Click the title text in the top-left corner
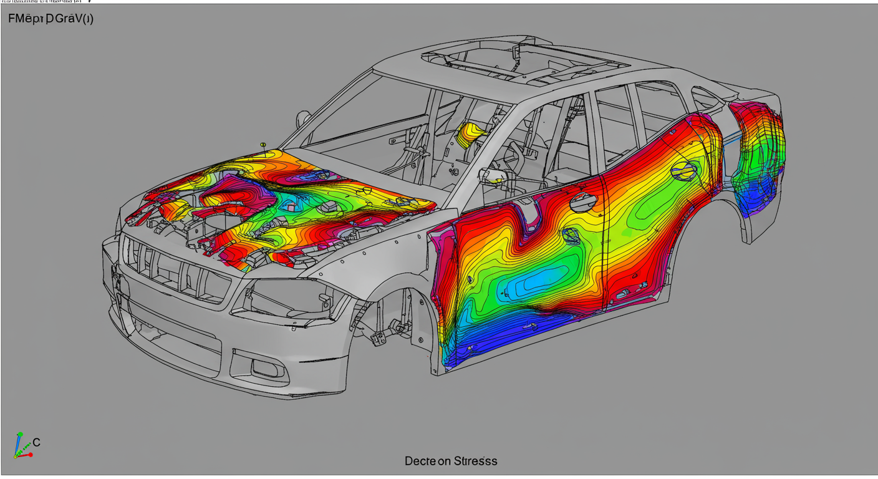[51, 19]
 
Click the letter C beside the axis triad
[37, 443]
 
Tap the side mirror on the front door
[493, 176]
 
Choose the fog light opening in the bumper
[268, 368]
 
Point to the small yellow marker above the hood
[263, 145]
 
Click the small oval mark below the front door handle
[571, 235]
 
